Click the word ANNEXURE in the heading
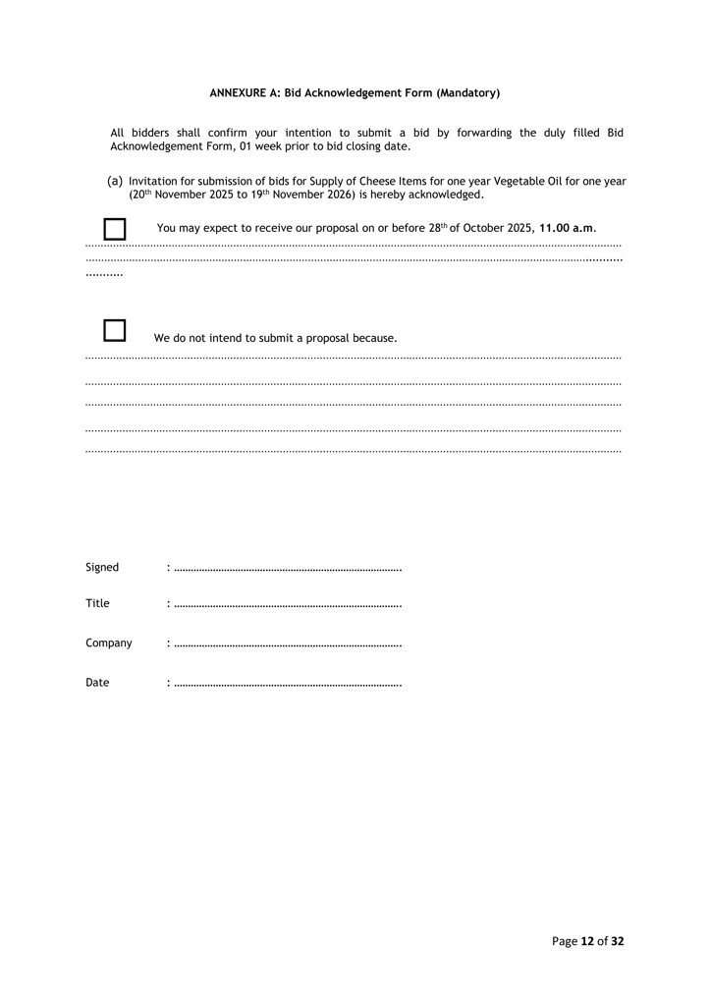(239, 93)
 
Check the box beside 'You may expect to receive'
(115, 229)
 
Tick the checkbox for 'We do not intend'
(115, 330)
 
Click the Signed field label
(102, 567)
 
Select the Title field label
(97, 603)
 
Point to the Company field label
(108, 643)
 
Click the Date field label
(97, 682)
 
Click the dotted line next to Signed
(287, 569)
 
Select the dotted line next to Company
(287, 644)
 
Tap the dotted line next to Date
(287, 684)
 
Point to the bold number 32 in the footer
(617, 941)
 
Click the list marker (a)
(115, 181)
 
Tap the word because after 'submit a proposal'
(374, 338)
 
